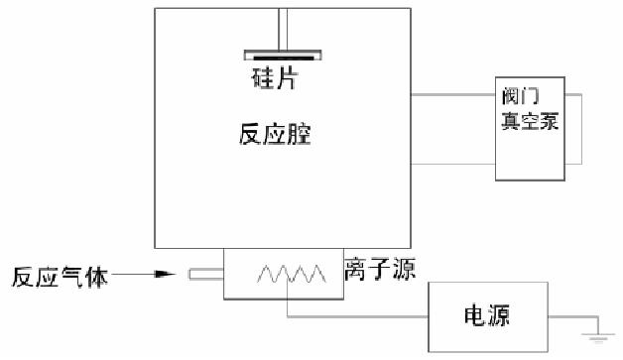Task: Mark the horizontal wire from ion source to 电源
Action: [357, 317]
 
